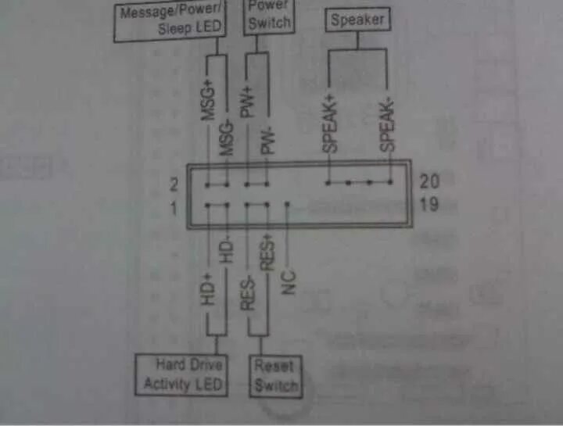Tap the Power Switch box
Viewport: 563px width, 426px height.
tap(268, 16)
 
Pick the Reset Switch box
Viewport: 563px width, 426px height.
tap(276, 375)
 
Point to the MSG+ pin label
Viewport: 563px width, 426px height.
tap(208, 100)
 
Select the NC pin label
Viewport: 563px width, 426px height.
tap(289, 281)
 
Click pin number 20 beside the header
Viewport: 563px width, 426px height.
tap(429, 181)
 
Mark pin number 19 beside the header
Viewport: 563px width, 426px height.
tap(429, 206)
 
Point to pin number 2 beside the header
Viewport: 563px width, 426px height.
tap(174, 185)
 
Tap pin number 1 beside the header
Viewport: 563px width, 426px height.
tap(174, 209)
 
